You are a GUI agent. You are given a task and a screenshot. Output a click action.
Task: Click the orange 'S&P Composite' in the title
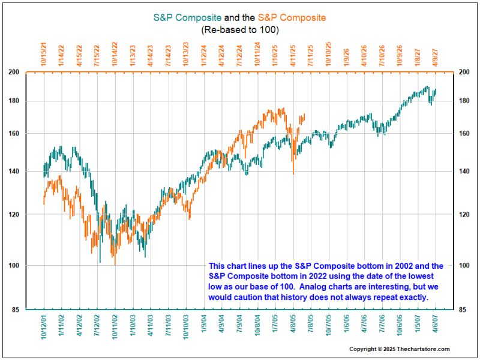point(292,17)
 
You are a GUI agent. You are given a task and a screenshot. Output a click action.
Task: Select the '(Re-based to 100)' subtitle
point(240,29)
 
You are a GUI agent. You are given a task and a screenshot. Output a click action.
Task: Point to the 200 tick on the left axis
point(31,72)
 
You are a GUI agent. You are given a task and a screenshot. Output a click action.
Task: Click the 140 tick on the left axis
point(31,172)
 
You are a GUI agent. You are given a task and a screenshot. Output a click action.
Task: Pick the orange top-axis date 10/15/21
point(44,53)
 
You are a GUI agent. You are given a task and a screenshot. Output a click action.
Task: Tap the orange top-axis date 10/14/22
point(115,53)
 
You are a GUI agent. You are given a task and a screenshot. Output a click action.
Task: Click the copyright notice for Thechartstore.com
point(400,349)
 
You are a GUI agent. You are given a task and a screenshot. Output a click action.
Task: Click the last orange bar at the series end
point(304,117)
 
